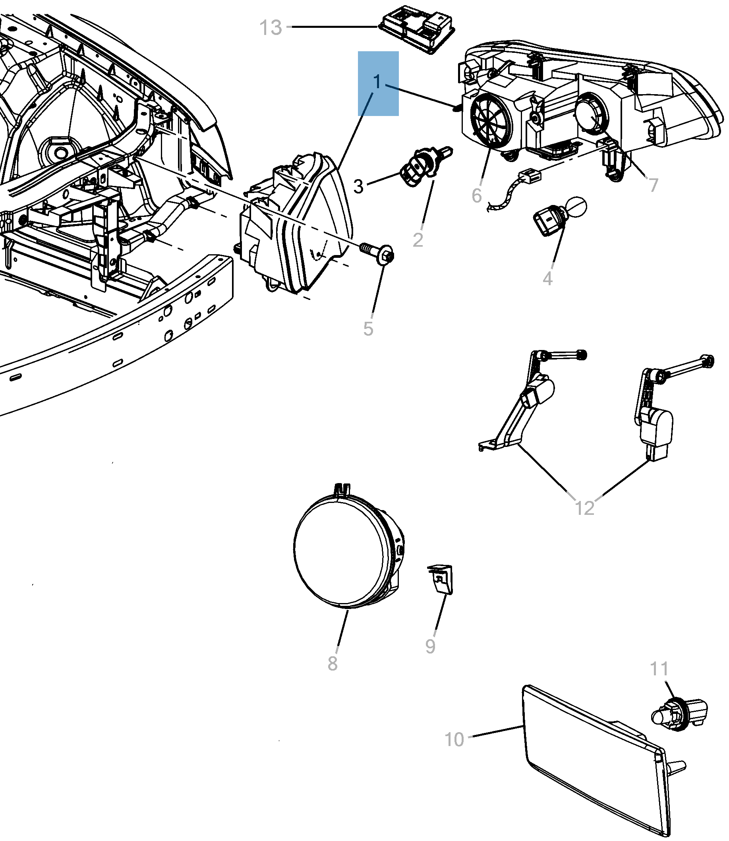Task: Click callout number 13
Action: coord(271,28)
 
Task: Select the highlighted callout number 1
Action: coord(377,82)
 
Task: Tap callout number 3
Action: coord(358,187)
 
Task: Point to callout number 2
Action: coord(418,240)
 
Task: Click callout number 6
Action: coord(476,196)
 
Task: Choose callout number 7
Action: coord(653,186)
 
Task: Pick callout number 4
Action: coord(547,279)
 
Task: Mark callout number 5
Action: coord(368,329)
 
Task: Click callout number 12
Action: coord(584,508)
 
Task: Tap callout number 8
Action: coord(333,663)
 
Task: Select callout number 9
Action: coord(430,646)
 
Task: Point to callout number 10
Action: coord(454,740)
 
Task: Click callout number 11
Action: coord(659,669)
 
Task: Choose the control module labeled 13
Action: coord(417,29)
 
